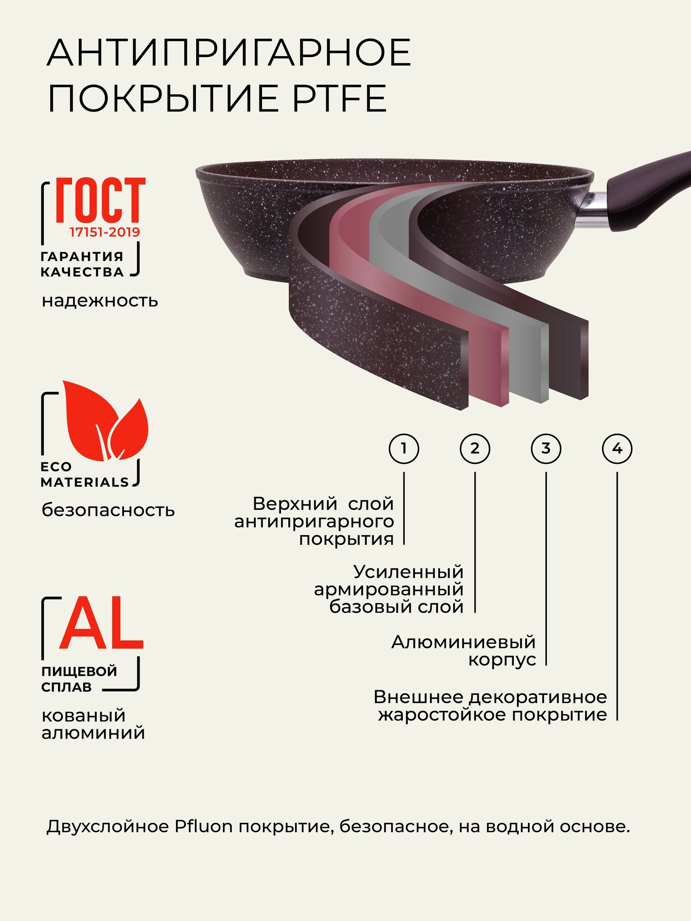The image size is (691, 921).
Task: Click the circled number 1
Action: [x=404, y=448]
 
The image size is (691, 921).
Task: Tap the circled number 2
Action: [x=475, y=448]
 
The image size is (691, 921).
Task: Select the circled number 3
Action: [x=546, y=448]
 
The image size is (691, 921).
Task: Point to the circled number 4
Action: [x=617, y=448]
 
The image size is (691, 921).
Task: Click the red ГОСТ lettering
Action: [x=100, y=200]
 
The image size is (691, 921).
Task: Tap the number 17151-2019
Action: [x=105, y=232]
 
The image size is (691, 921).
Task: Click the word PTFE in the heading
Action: [x=340, y=99]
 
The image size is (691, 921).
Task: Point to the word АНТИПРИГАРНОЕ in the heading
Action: [x=229, y=53]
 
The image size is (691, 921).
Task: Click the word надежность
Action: [x=100, y=301]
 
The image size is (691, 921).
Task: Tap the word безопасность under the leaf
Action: [x=108, y=510]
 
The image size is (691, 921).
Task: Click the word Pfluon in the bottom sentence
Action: [x=204, y=827]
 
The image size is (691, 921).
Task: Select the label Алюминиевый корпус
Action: [x=463, y=650]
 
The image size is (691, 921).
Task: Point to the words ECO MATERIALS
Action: [x=84, y=474]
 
